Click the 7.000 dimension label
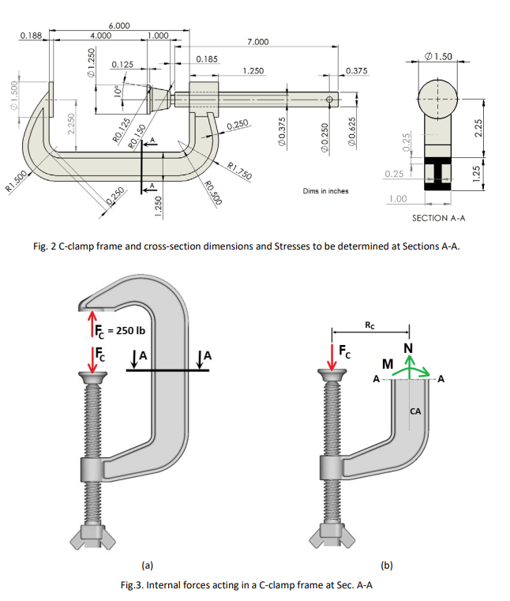pyautogui.click(x=257, y=41)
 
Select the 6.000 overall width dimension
pyautogui.click(x=119, y=26)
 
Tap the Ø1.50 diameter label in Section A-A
pyautogui.click(x=438, y=57)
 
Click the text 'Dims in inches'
pyautogui.click(x=325, y=190)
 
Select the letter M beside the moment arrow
pyautogui.click(x=387, y=363)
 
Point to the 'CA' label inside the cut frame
pyautogui.click(x=416, y=411)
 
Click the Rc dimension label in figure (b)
pyautogui.click(x=370, y=324)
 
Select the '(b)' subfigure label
pyautogui.click(x=385, y=565)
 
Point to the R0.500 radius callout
pyautogui.click(x=211, y=194)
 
